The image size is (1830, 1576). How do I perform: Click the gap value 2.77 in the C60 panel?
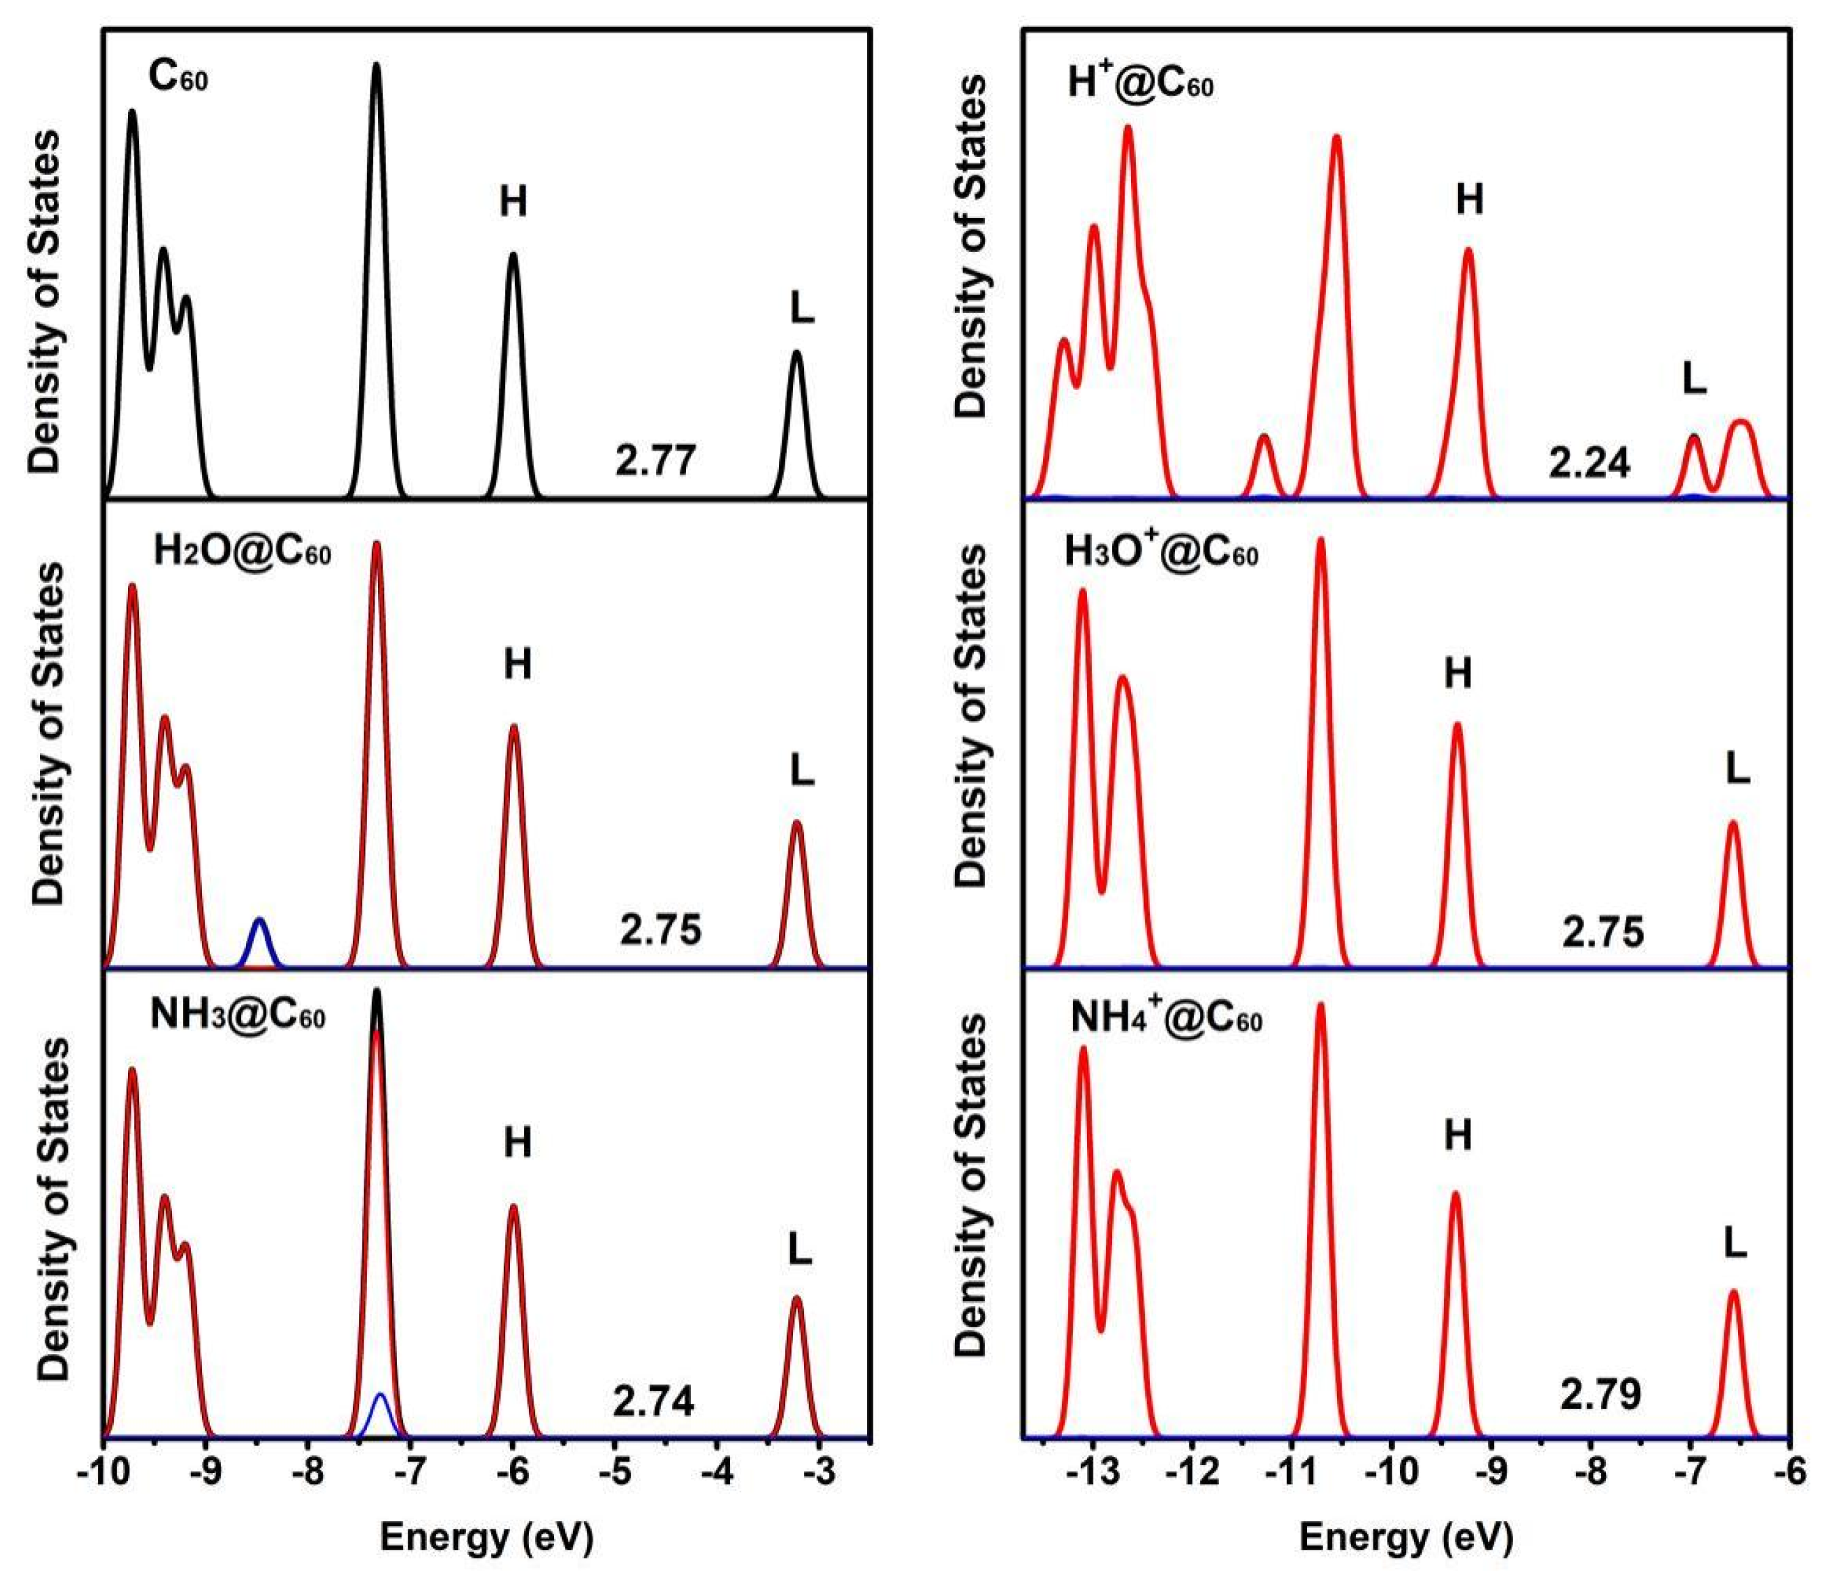tap(656, 461)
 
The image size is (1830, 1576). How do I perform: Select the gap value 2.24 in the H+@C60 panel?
tap(1589, 462)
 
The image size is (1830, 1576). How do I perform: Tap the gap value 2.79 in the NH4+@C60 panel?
tap(1600, 1394)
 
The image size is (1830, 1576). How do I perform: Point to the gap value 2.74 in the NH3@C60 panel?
tap(654, 1401)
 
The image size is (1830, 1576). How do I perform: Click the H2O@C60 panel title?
tap(242, 552)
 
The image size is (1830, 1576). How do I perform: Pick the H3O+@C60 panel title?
tap(1162, 552)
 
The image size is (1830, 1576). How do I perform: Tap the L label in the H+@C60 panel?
tap(1693, 379)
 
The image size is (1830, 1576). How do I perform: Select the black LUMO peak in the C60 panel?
tap(796, 415)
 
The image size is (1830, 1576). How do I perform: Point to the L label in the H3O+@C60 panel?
tap(1737, 770)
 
